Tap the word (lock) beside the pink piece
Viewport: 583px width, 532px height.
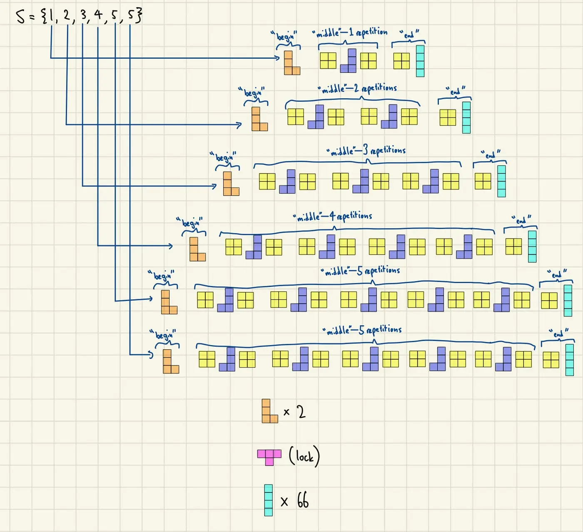tap(304, 457)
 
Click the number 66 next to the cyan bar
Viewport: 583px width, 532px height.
tap(303, 500)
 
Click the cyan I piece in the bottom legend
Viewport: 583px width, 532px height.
tap(269, 500)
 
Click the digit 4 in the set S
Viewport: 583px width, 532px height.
tap(99, 15)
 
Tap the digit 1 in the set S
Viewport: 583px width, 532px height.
tap(52, 15)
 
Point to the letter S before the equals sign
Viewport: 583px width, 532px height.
tap(21, 16)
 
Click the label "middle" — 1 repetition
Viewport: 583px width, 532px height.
tap(350, 32)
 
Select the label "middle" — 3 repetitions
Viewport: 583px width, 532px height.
tap(366, 151)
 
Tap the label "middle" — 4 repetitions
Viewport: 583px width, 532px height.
tap(332, 216)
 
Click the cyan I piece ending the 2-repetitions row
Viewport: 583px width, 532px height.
tap(466, 118)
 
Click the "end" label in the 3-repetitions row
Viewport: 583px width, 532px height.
tap(491, 154)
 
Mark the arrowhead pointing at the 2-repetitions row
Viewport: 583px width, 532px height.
tap(239, 125)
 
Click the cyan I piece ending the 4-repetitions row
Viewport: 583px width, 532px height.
tap(532, 247)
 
